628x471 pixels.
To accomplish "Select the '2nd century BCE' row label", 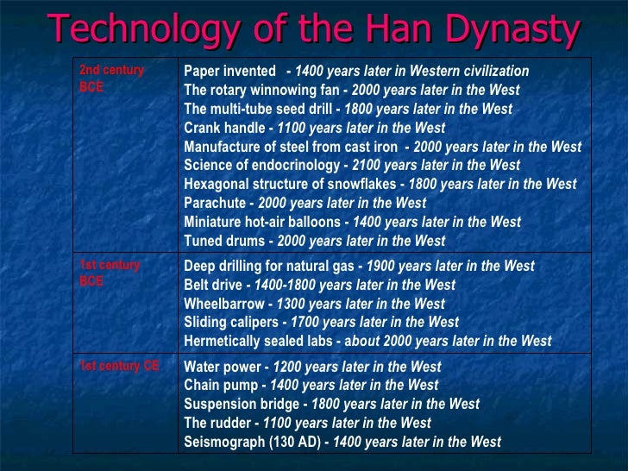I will click(111, 78).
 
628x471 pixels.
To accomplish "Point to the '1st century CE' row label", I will click(119, 366).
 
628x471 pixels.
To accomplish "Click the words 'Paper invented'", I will click(229, 71).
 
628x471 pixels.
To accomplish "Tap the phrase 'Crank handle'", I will click(223, 128).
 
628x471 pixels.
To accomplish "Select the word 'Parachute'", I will click(215, 204).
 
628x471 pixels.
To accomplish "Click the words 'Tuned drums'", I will click(223, 242).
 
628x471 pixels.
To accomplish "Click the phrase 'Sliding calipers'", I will click(231, 323).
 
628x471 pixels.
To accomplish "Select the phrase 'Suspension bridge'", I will click(241, 404).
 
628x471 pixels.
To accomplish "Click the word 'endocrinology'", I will click(297, 166).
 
